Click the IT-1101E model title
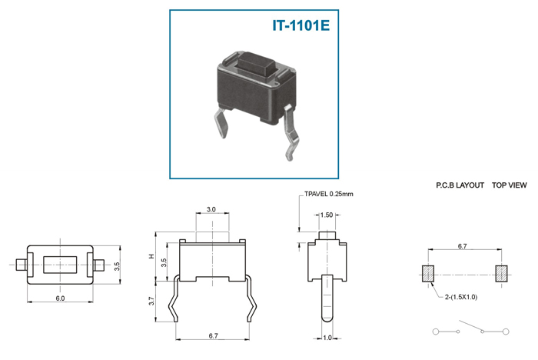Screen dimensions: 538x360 [x=301, y=25]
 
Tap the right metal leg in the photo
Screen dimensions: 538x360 [x=291, y=133]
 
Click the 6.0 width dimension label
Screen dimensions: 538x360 [x=60, y=298]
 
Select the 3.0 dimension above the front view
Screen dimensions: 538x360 [x=211, y=209]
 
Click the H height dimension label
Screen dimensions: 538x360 [x=152, y=256]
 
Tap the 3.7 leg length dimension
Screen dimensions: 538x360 [x=152, y=301]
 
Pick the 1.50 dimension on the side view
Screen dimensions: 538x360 [x=327, y=215]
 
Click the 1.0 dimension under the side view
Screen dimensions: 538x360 [x=327, y=338]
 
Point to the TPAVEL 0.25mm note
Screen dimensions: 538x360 [x=329, y=194]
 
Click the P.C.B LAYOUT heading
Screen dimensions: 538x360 [x=460, y=185]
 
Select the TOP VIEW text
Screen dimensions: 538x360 [x=509, y=185]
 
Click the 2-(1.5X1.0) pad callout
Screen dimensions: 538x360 [x=461, y=297]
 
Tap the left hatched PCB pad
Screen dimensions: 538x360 [x=428, y=274]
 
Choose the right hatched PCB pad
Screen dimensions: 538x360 [x=502, y=274]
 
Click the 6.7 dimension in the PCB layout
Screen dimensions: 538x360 [x=462, y=246]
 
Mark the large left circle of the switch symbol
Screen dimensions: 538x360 [x=436, y=332]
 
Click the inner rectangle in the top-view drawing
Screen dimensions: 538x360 [x=60, y=265]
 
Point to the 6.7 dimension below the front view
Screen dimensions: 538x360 [x=213, y=335]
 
